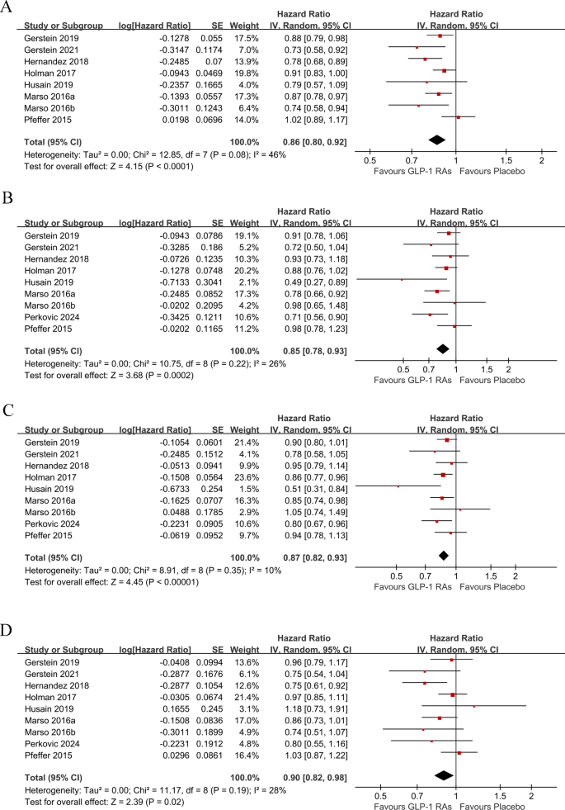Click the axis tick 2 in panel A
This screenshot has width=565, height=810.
coord(541,159)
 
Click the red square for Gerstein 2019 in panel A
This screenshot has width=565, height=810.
coord(440,36)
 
